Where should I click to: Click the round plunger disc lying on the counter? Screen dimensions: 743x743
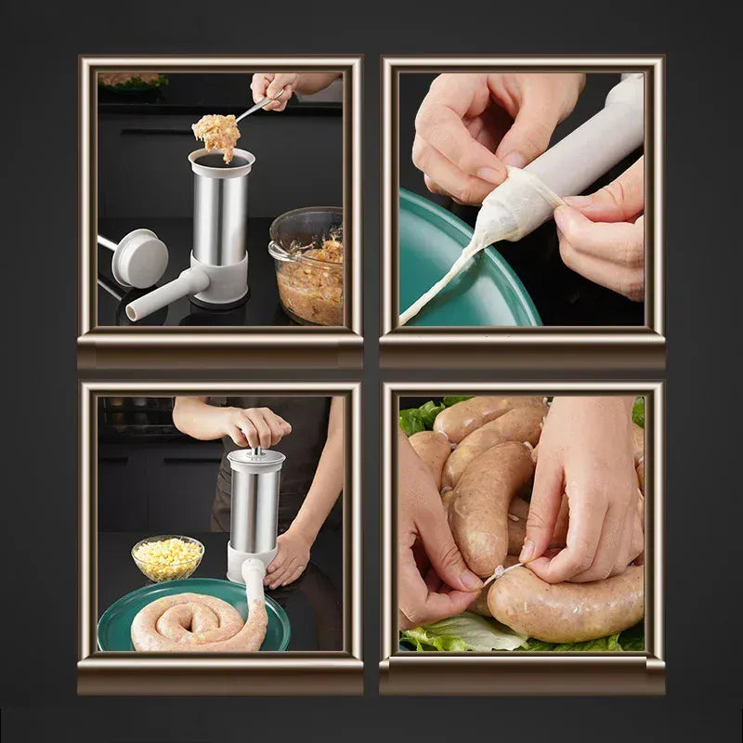click(x=141, y=257)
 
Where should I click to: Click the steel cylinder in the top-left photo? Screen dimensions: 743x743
click(x=220, y=217)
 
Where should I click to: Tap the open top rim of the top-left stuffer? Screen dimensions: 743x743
click(x=220, y=160)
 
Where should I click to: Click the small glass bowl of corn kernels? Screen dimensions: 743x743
click(x=167, y=557)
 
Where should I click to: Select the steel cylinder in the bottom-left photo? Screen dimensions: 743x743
click(x=254, y=506)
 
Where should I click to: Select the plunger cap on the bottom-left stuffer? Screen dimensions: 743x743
click(x=255, y=458)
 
